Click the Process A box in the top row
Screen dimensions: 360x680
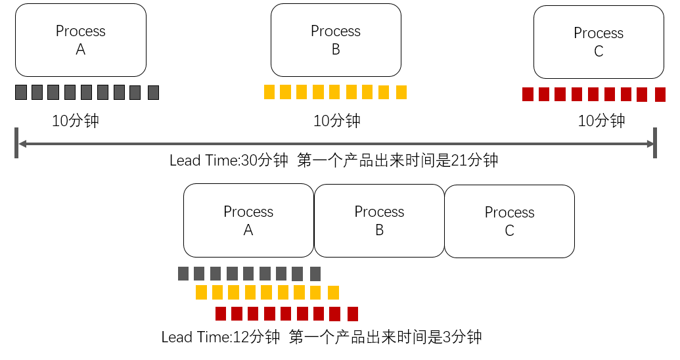81,40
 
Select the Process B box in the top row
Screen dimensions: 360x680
336,40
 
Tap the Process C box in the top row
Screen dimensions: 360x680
599,42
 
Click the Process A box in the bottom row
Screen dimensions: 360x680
248,221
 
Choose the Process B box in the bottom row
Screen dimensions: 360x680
379,221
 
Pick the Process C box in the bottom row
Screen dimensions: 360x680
510,221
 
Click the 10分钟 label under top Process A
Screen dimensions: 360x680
76,121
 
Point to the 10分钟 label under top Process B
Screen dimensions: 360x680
336,121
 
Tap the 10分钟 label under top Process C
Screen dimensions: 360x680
601,121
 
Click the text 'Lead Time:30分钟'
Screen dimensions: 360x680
229,160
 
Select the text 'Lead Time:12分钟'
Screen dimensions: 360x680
221,338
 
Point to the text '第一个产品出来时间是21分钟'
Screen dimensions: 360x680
397,160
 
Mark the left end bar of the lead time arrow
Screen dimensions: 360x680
16,143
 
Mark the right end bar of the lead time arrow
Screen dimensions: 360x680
655,143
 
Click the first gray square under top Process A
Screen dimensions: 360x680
21,93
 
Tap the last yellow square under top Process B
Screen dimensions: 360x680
401,92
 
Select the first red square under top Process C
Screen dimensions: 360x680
528,95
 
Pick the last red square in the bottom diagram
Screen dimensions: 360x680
352,313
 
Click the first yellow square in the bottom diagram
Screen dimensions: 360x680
201,292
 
